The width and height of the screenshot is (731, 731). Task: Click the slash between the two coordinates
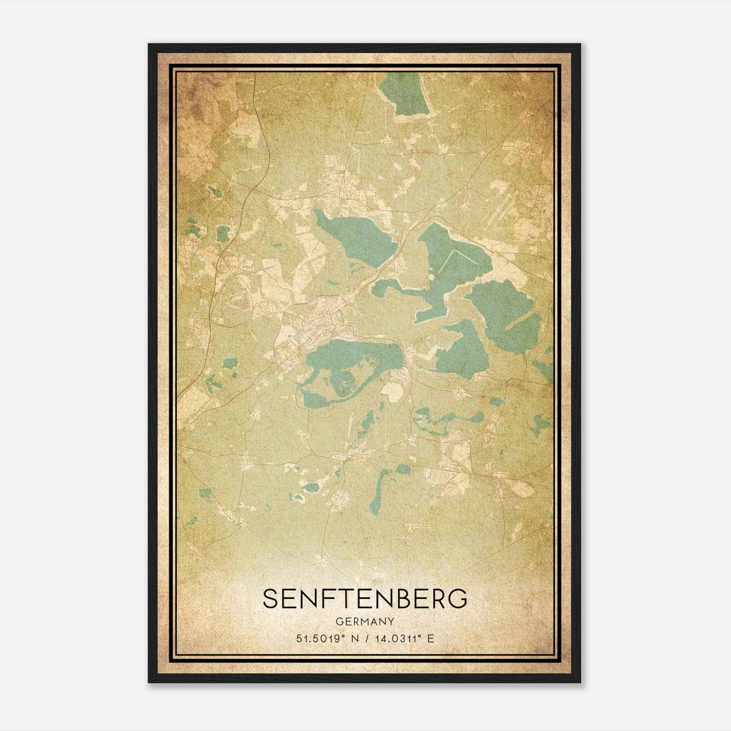click(365, 639)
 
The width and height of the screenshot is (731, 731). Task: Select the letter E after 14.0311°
click(430, 639)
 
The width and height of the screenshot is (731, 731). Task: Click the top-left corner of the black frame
click(149, 45)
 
